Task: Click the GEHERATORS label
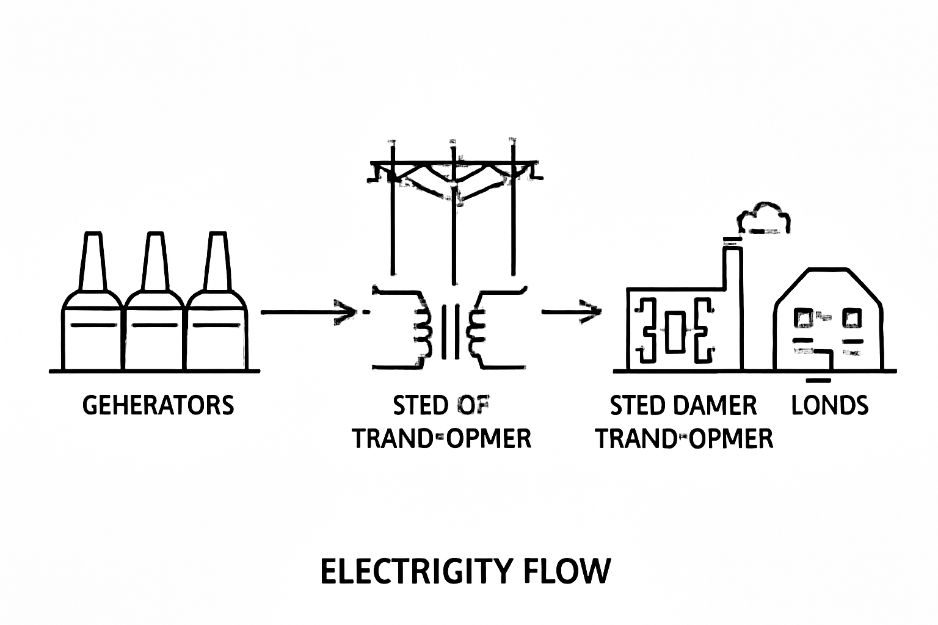click(x=158, y=405)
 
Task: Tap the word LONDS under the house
click(x=829, y=405)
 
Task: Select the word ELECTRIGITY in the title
click(x=415, y=571)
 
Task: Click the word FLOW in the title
click(x=567, y=571)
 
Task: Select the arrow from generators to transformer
click(x=308, y=312)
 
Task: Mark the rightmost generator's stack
click(x=217, y=262)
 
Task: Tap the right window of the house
click(x=851, y=317)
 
